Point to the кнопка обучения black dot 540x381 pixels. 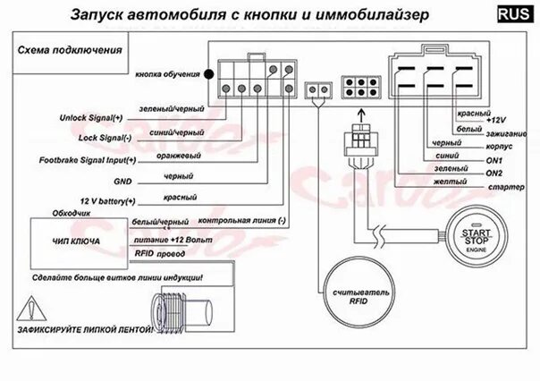point(207,74)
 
